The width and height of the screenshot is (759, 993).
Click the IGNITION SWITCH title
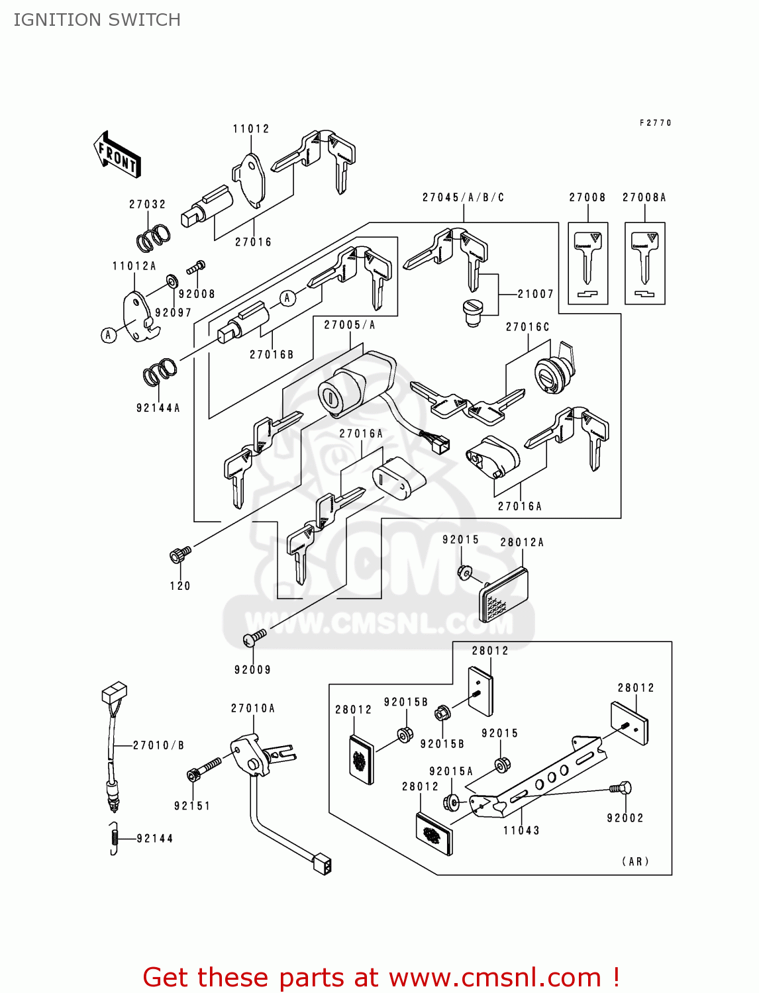click(x=97, y=20)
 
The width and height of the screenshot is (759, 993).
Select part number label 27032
click(x=147, y=205)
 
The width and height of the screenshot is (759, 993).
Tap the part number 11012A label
click(x=134, y=266)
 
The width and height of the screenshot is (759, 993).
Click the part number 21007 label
click(x=535, y=294)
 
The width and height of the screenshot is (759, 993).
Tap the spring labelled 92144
click(x=114, y=838)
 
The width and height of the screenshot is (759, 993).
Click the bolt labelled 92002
click(x=621, y=788)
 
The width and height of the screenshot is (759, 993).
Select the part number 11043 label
click(x=521, y=831)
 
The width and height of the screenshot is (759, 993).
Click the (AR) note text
click(x=635, y=861)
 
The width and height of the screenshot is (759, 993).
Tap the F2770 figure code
click(x=655, y=123)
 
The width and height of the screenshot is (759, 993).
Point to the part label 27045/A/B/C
click(x=463, y=197)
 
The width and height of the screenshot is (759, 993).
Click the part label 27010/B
click(x=158, y=745)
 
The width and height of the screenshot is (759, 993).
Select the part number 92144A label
click(x=158, y=408)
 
